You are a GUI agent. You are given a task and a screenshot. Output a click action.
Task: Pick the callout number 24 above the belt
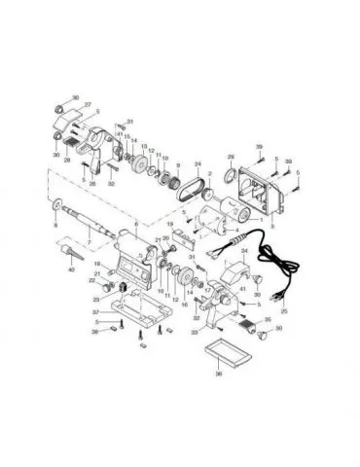(x=198, y=164)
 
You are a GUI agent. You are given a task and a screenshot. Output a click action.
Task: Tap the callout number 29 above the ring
(x=231, y=156)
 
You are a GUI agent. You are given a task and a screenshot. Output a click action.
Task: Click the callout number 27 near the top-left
(x=87, y=104)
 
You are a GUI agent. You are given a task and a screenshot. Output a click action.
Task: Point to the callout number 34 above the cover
(x=244, y=252)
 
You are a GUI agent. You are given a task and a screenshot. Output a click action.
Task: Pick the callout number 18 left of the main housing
(x=97, y=265)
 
